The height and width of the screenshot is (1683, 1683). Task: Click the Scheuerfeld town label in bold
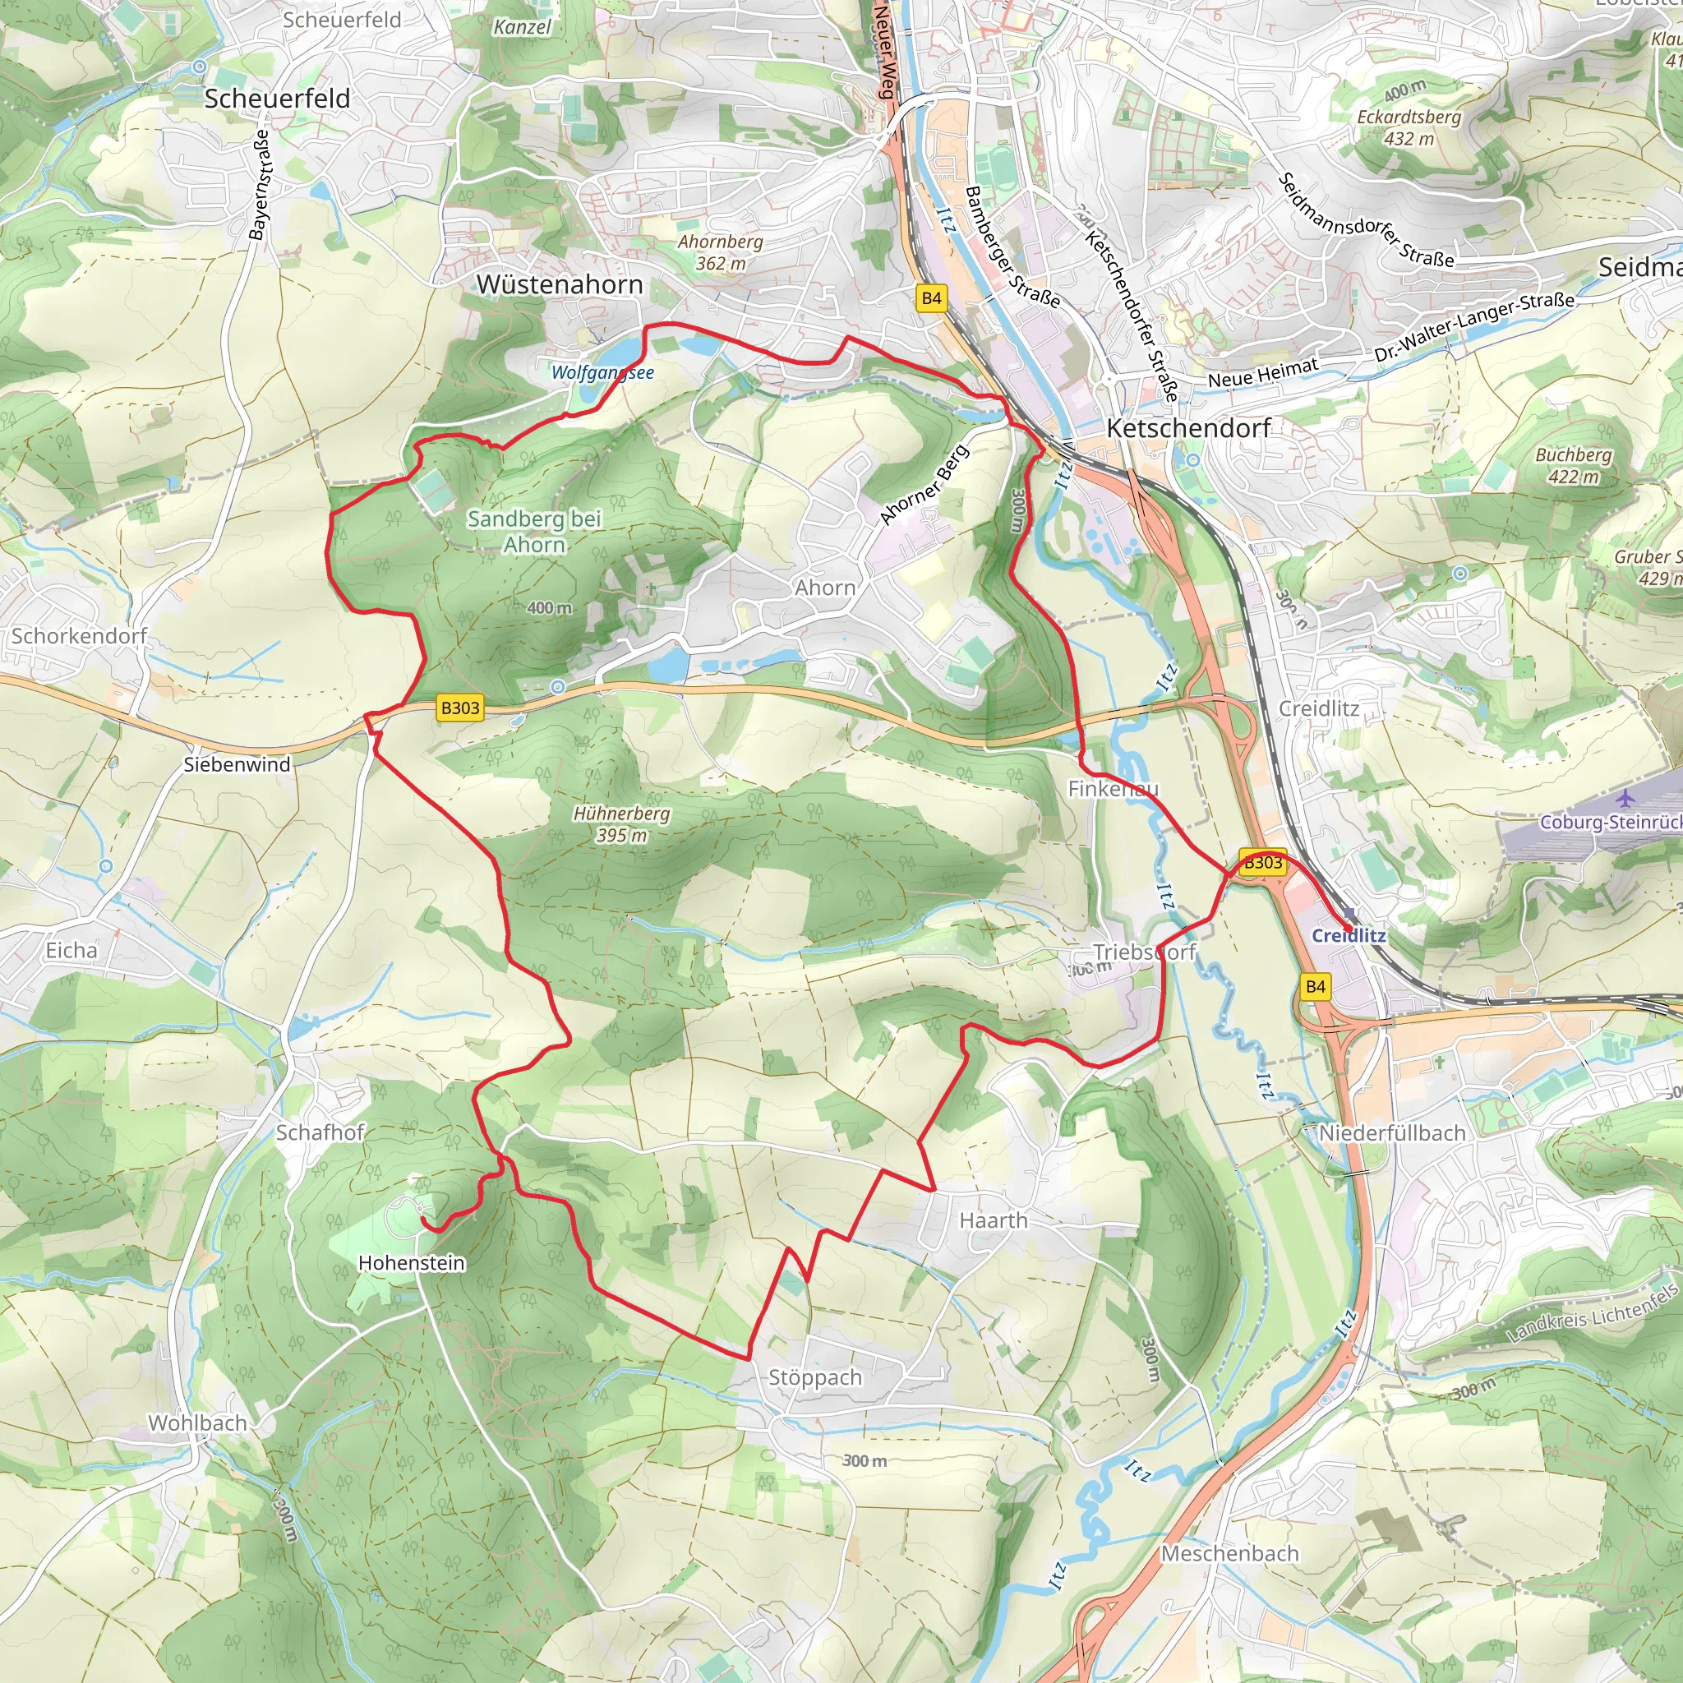point(277,99)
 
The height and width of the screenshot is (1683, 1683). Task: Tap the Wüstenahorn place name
point(560,284)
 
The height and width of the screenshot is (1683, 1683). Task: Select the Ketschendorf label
point(1188,427)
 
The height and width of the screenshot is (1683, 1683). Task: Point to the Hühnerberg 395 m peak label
point(621,824)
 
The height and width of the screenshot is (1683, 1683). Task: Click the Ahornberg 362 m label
point(721,251)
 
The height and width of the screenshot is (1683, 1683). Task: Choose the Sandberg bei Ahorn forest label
point(534,532)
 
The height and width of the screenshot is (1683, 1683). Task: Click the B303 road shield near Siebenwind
point(460,708)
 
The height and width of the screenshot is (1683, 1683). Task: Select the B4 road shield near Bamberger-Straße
point(931,298)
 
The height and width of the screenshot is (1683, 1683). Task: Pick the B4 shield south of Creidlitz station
point(1316,987)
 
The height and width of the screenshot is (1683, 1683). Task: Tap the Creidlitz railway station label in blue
point(1349,935)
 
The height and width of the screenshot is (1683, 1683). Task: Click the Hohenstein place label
point(411,1262)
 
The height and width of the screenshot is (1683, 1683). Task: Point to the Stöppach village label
point(814,1377)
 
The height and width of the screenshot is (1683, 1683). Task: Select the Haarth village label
point(993,1220)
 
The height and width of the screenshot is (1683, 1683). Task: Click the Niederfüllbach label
point(1392,1133)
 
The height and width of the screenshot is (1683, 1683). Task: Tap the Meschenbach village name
point(1229,1553)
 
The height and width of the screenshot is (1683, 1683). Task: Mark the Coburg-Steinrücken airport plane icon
point(1625,798)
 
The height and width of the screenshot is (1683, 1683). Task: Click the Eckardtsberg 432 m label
point(1409,127)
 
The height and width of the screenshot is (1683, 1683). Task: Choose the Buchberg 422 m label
point(1573,465)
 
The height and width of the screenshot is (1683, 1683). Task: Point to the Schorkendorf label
point(79,636)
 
